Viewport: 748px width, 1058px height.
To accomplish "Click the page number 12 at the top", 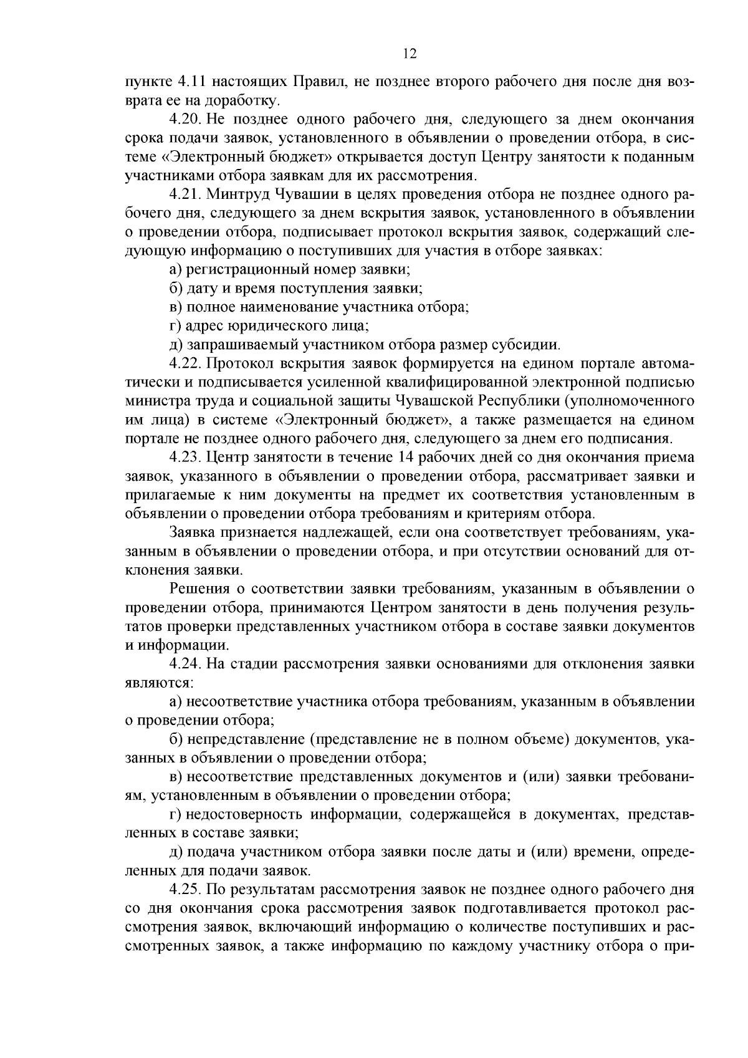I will point(410,54).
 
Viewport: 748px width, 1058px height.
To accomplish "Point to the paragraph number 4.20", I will point(183,119).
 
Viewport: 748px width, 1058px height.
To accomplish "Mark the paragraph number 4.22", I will point(183,363).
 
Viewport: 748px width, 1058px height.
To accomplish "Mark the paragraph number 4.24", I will point(183,664).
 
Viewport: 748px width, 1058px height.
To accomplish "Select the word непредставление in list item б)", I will point(239,739).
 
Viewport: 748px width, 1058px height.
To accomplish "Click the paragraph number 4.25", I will point(183,890).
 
